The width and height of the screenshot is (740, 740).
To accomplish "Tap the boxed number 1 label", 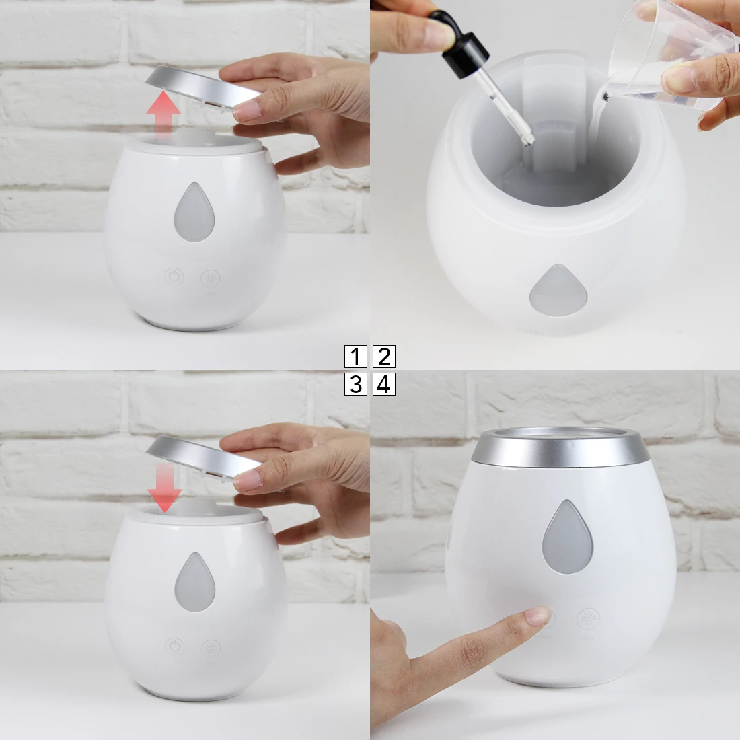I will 355,357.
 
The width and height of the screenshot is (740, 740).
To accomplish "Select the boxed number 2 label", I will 383,357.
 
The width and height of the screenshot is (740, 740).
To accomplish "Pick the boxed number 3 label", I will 355,384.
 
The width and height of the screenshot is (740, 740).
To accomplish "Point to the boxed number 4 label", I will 383,384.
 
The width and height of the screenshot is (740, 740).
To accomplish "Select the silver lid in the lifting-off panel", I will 195,86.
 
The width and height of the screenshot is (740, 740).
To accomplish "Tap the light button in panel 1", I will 211,277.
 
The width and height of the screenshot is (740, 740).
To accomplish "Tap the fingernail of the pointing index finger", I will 539,615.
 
